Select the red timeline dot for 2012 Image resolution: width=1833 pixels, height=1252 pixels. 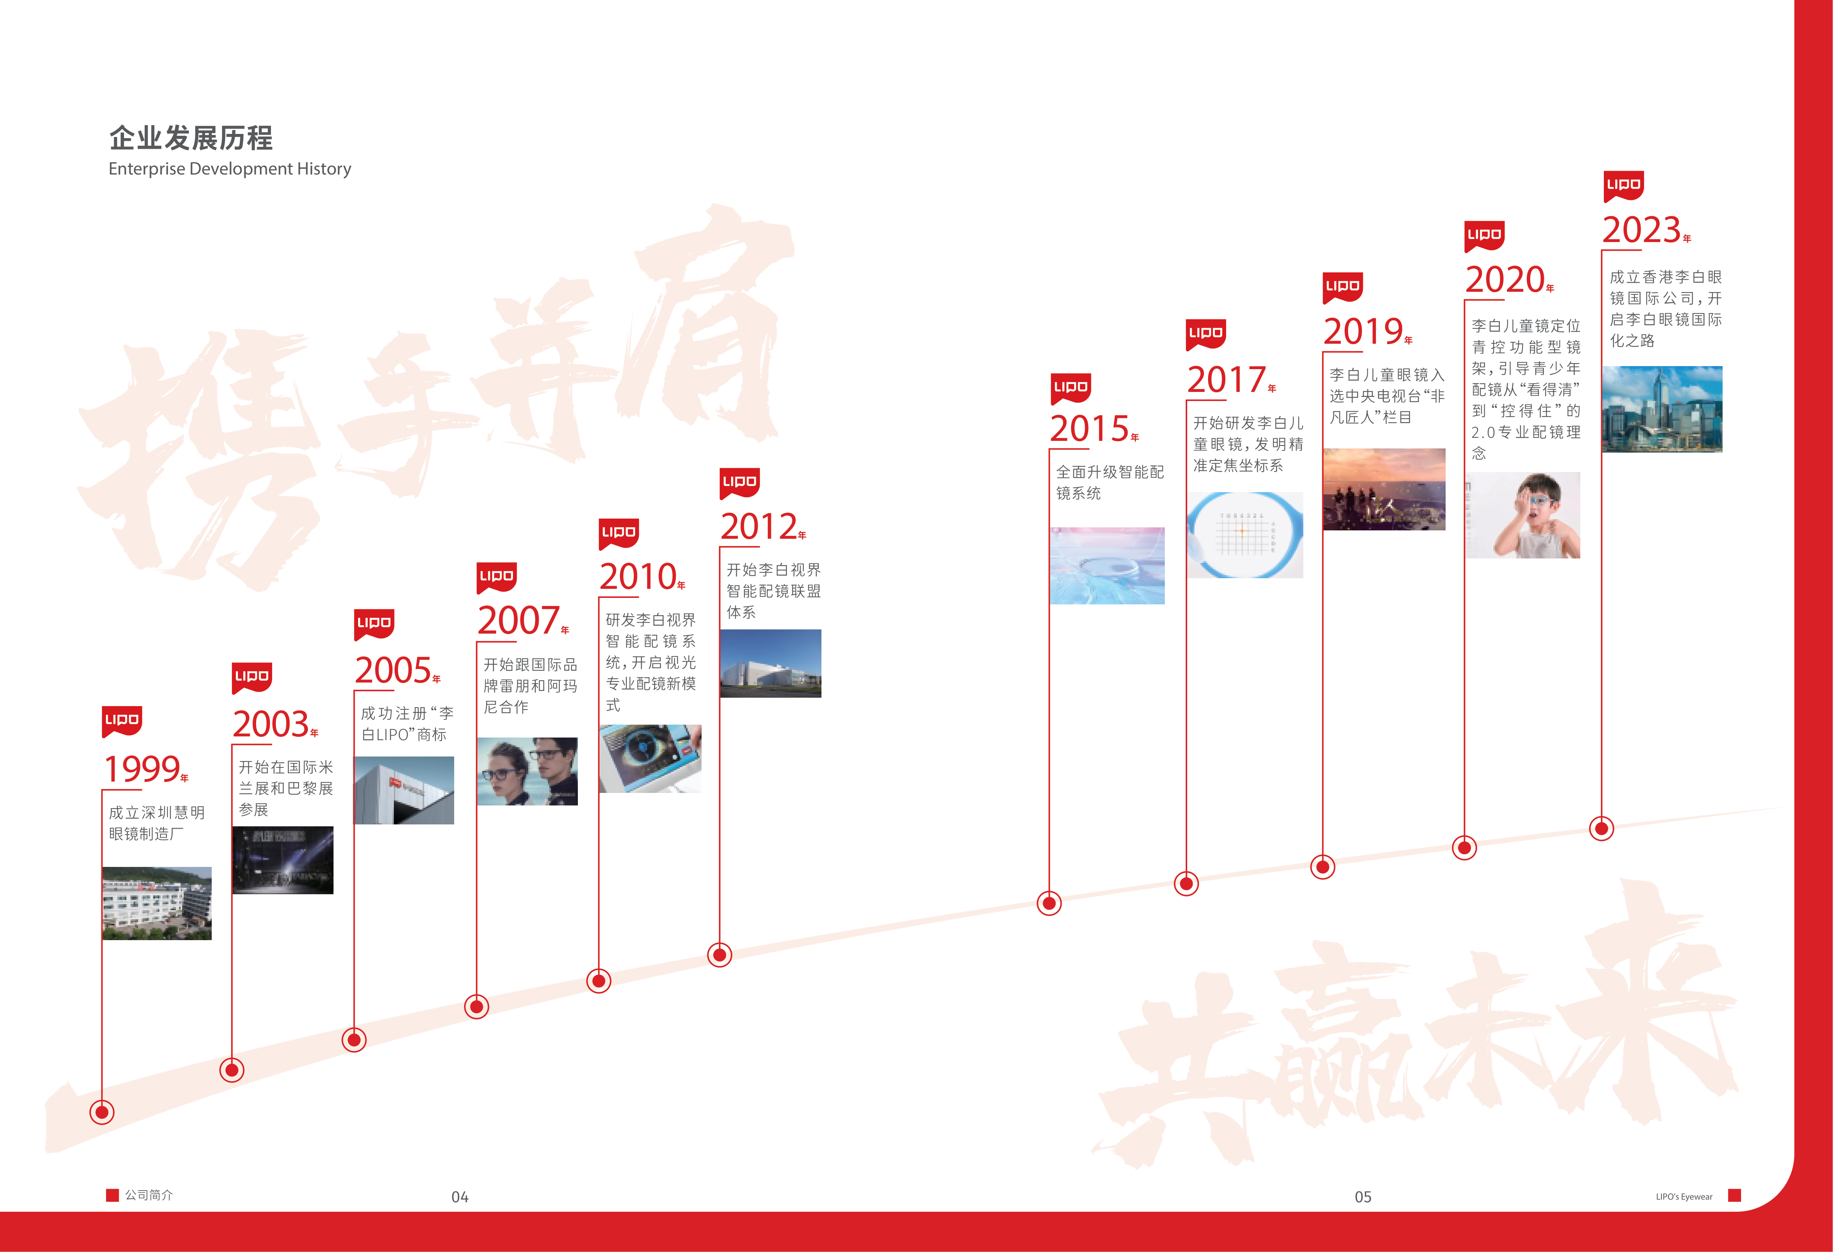pyautogui.click(x=719, y=955)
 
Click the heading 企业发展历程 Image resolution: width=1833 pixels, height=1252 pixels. pyautogui.click(x=191, y=138)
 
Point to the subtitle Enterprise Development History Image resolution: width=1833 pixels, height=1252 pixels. pyautogui.click(x=230, y=169)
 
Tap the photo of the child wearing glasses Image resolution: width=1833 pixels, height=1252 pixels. pyautogui.click(x=1522, y=515)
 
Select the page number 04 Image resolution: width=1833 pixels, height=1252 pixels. pyautogui.click(x=460, y=1197)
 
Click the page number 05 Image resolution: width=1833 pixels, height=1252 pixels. pyautogui.click(x=1363, y=1197)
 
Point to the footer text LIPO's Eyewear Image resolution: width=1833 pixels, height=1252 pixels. pyautogui.click(x=1684, y=1197)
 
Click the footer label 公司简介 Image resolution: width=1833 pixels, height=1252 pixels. pyautogui.click(x=148, y=1195)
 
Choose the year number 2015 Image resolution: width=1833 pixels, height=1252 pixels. pyautogui.click(x=1089, y=428)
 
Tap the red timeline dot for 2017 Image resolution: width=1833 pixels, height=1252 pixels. pyautogui.click(x=1186, y=884)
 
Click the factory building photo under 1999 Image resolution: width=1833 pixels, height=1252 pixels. pyautogui.click(x=157, y=903)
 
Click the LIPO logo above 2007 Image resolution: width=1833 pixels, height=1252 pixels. pyautogui.click(x=497, y=577)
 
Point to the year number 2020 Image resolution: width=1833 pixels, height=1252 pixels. pyautogui.click(x=1504, y=279)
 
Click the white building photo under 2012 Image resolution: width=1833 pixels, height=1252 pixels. pyautogui.click(x=771, y=664)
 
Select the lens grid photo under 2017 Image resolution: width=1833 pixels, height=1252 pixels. pyautogui.click(x=1245, y=535)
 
